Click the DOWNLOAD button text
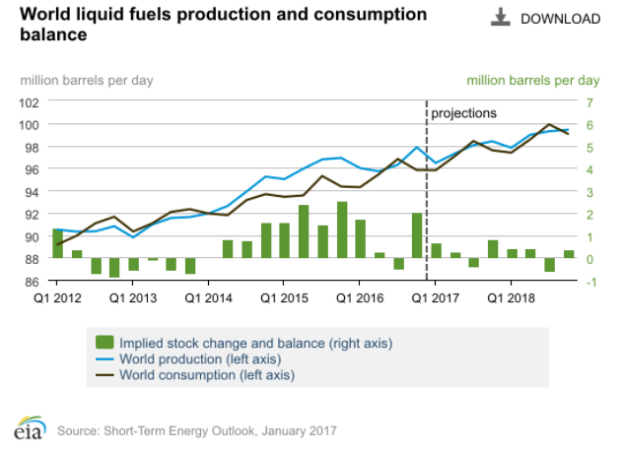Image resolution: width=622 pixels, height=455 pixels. tap(560, 19)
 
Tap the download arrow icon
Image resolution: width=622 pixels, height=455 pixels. tap(500, 18)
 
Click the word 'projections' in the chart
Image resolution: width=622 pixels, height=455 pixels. tap(464, 112)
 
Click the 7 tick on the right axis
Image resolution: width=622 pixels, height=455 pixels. tap(589, 101)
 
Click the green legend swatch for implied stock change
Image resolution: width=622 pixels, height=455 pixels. tap(104, 343)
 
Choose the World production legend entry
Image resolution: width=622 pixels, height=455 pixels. tap(186, 358)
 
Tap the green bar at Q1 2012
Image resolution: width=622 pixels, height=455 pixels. tap(58, 243)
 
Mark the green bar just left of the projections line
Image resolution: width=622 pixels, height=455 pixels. tap(417, 235)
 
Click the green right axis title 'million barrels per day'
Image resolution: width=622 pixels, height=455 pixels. tap(532, 80)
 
